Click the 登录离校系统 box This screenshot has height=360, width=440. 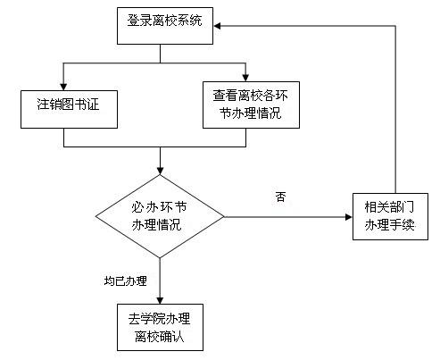coord(165,26)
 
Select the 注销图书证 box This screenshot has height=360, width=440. coord(69,109)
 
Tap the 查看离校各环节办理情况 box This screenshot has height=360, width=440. coord(251,105)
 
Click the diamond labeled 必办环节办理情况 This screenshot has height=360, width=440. coord(160,216)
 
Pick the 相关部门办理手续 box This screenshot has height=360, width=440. coord(390,216)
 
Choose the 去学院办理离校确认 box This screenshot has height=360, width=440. coord(160,327)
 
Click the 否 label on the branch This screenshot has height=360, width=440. coord(280,197)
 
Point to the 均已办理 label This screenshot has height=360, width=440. coord(126,280)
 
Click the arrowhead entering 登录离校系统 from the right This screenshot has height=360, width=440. coord(217,26)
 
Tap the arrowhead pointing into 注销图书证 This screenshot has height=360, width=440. coord(63,87)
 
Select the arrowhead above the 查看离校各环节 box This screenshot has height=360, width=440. coord(245,78)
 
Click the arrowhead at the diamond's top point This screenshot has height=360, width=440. coord(160,171)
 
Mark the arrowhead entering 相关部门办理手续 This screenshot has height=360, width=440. coord(349,217)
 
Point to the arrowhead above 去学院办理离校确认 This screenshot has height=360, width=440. coord(160,300)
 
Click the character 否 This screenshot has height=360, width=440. coord(280,197)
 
